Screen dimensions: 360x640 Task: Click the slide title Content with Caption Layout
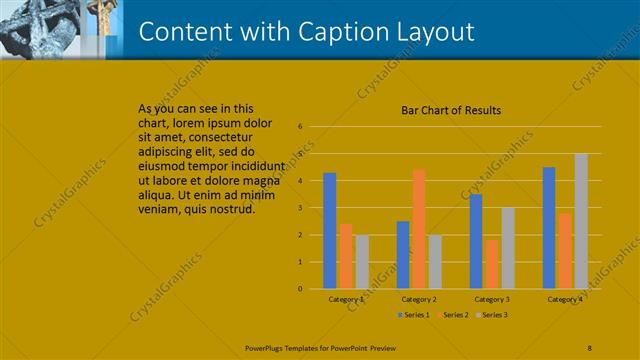tap(306, 32)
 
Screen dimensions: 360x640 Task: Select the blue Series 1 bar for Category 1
tap(330, 231)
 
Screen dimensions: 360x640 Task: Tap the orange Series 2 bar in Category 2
tap(418, 229)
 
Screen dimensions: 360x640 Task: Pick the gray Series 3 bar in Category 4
tap(581, 221)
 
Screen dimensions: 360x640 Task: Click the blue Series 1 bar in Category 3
tap(476, 241)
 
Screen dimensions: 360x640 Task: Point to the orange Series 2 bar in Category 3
tap(491, 264)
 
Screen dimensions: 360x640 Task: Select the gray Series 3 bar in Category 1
tap(362, 262)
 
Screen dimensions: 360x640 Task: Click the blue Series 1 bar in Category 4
tap(549, 228)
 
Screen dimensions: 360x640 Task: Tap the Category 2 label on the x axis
tap(418, 299)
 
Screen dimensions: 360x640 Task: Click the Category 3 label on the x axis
tap(492, 299)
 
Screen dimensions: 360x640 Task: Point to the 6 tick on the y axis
tap(299, 127)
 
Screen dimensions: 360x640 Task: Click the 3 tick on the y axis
tap(299, 208)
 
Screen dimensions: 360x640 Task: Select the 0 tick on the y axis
tap(299, 289)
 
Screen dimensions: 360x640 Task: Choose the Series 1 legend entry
tap(415, 315)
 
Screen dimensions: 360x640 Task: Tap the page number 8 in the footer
tap(590, 348)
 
